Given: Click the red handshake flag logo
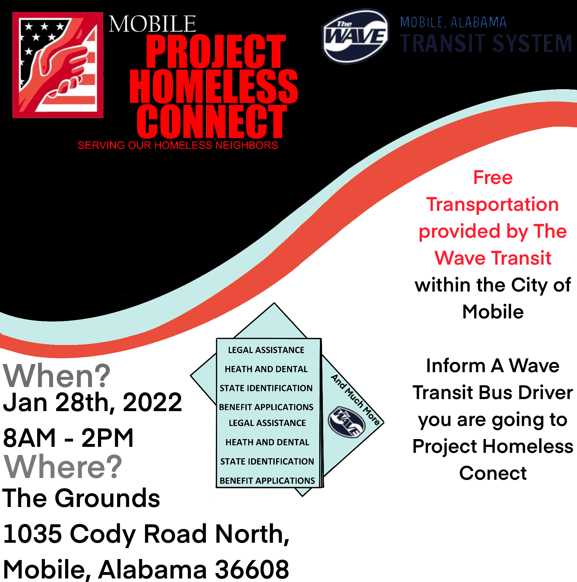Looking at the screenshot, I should (58, 65).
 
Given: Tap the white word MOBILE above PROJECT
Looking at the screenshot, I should (152, 24).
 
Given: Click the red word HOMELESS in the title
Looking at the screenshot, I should (214, 86).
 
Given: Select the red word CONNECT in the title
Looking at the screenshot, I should (211, 121).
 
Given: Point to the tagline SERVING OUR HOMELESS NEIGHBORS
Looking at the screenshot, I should (178, 145).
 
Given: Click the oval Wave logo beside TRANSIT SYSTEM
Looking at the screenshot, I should (355, 36).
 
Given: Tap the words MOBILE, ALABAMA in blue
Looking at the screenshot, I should (453, 23).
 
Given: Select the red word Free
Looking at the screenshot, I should (493, 177).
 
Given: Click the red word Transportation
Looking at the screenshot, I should (493, 204).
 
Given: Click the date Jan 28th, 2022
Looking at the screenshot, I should (92, 402).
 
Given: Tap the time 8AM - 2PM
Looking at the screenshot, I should (68, 438).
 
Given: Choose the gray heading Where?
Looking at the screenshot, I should (63, 467).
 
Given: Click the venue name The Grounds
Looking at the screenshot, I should (81, 498).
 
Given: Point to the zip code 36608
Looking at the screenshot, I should (252, 569).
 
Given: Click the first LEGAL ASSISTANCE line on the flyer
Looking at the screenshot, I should (266, 350).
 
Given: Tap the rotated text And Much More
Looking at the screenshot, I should (355, 399).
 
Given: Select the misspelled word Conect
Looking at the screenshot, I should (493, 473).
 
